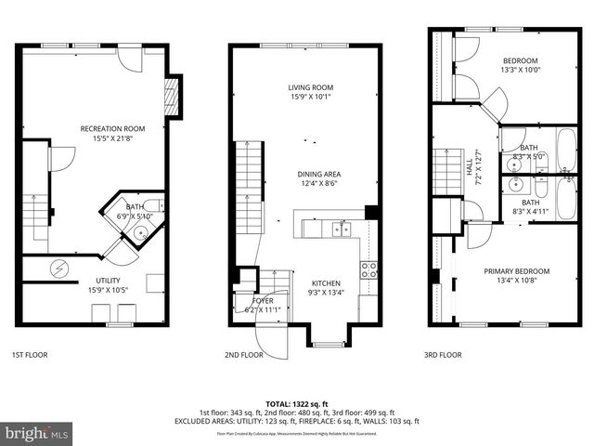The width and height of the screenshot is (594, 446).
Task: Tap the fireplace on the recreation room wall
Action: [x=170, y=93]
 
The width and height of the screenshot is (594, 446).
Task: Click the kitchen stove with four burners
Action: [x=368, y=269]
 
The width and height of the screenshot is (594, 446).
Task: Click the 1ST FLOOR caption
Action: [x=30, y=354]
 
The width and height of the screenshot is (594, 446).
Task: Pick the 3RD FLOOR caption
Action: [x=443, y=354]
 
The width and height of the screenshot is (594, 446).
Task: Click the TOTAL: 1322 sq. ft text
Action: [x=297, y=404]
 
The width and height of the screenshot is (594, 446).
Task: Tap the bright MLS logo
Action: [x=37, y=434]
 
